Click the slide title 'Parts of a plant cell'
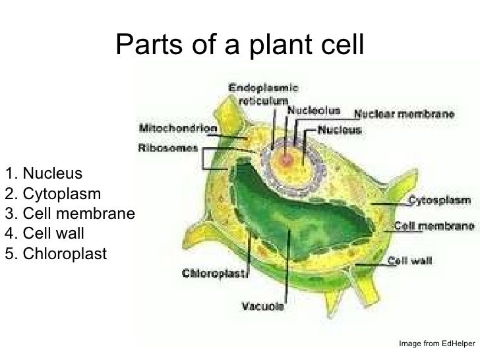click(239, 44)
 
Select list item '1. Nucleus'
click(43, 174)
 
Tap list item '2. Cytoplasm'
click(52, 194)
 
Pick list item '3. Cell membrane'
click(69, 214)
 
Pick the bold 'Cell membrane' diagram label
click(434, 225)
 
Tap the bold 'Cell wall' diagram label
click(411, 260)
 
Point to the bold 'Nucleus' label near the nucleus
click(340, 130)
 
